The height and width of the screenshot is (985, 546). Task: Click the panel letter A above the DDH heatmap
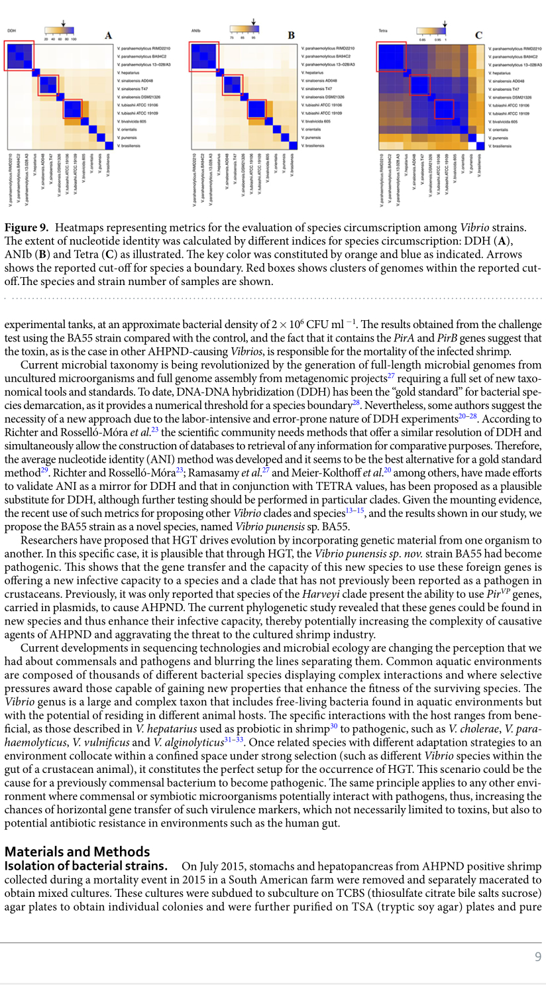108,35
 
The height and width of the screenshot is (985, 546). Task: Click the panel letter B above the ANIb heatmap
291,35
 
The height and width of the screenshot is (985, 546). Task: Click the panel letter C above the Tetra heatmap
478,35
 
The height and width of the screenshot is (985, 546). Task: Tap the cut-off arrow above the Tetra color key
445,25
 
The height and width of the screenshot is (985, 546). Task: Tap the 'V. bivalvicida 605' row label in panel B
316,121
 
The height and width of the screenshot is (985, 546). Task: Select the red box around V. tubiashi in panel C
444,109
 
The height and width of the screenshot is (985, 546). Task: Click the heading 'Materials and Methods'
77,852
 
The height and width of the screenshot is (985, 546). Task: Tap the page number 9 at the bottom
538,956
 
